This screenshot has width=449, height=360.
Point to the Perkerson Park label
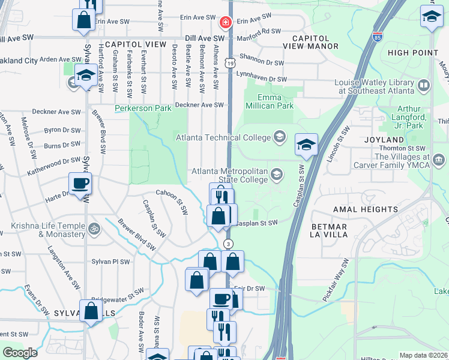tap(143, 108)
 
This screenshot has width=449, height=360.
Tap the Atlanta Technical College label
tap(223, 137)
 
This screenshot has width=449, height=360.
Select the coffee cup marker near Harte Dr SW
tap(80, 184)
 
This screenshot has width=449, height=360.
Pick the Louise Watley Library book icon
tap(424, 86)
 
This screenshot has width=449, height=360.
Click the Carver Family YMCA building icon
tap(439, 160)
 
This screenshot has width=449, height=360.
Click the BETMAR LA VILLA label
tap(330, 230)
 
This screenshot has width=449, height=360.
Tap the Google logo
tap(20, 353)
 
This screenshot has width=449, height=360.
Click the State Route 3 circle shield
tap(228, 244)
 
